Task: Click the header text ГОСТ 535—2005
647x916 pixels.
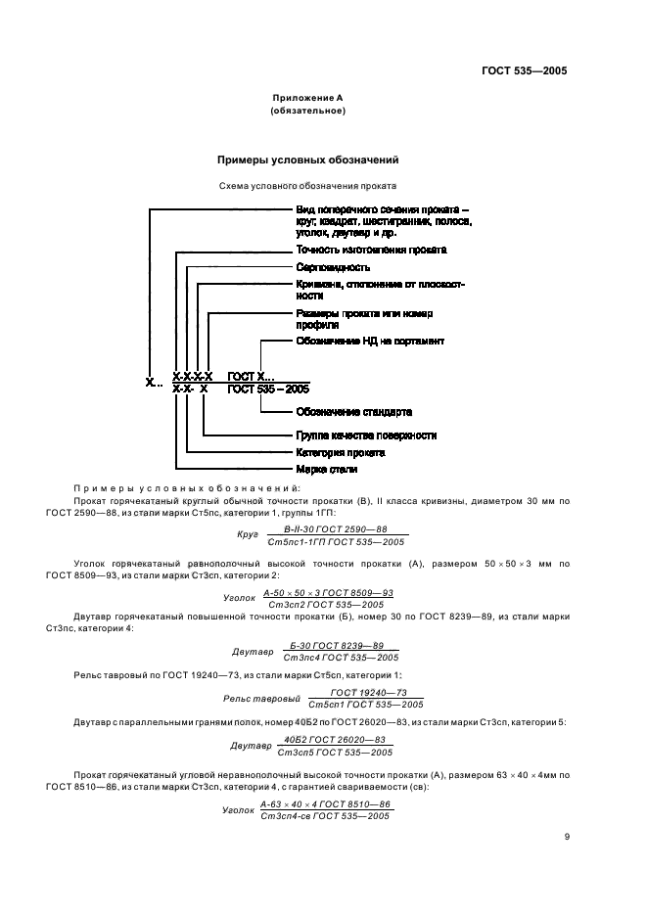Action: click(525, 70)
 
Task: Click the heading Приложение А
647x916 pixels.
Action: click(307, 99)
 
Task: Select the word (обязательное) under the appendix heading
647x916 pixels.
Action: click(307, 112)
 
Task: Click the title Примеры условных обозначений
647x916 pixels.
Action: click(307, 159)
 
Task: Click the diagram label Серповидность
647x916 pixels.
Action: click(332, 267)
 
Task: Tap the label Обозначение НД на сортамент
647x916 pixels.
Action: click(370, 342)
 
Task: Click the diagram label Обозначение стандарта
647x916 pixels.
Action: click(353, 412)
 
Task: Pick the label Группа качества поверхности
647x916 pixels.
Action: click(365, 435)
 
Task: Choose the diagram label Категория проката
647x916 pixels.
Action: click(340, 453)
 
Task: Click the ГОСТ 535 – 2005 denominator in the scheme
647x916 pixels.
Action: click(267, 389)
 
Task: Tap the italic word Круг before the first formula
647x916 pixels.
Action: click(248, 535)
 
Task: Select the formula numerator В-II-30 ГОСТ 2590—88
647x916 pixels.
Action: click(335, 528)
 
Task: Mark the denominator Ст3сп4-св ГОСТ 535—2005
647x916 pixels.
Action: click(325, 815)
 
